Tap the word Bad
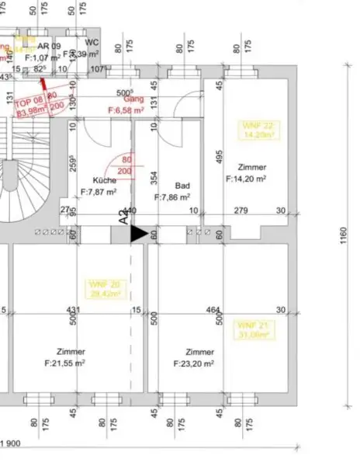point(182,186)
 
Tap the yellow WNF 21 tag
point(253,330)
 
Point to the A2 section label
point(123,217)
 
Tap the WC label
point(92,42)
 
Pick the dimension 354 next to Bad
point(154,179)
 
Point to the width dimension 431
point(72,310)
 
